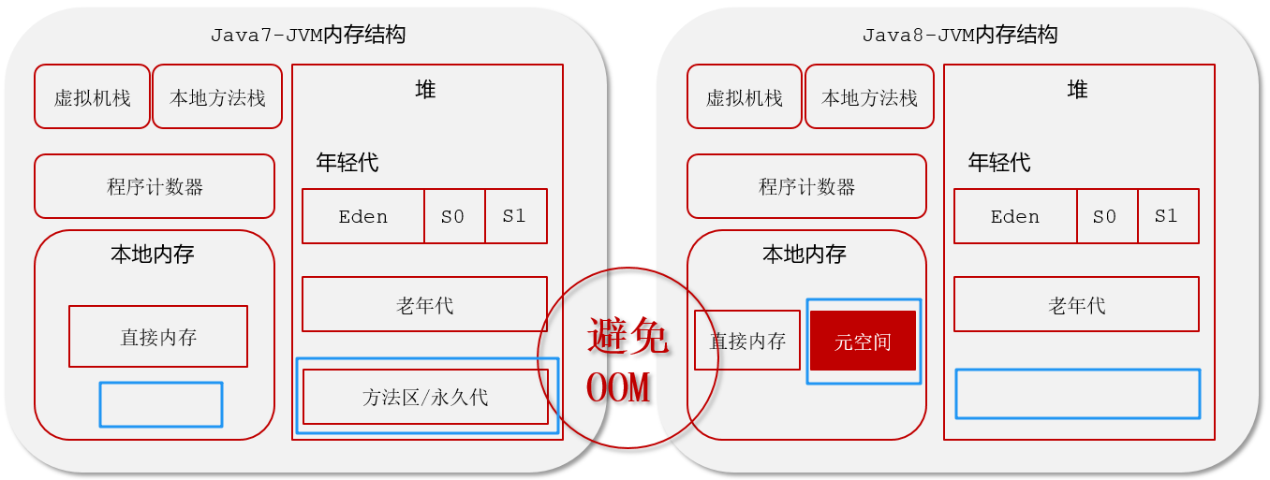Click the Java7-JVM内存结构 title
[307, 36]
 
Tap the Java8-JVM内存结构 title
[959, 36]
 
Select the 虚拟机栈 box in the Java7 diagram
[92, 96]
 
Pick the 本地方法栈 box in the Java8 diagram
[869, 96]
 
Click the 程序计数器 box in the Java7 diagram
[155, 186]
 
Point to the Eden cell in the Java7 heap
[362, 216]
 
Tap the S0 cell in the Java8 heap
[1105, 216]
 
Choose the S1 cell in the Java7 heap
[514, 216]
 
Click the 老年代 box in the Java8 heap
[1076, 304]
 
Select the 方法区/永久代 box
[425, 397]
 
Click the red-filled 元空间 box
[863, 342]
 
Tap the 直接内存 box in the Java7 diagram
[158, 337]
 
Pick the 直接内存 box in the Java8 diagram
[747, 341]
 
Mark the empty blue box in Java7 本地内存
[161, 404]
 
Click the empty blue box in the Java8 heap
[1077, 394]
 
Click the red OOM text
[618, 387]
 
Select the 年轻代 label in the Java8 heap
[999, 163]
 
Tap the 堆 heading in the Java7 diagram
[425, 90]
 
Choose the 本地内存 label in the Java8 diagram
[805, 254]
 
